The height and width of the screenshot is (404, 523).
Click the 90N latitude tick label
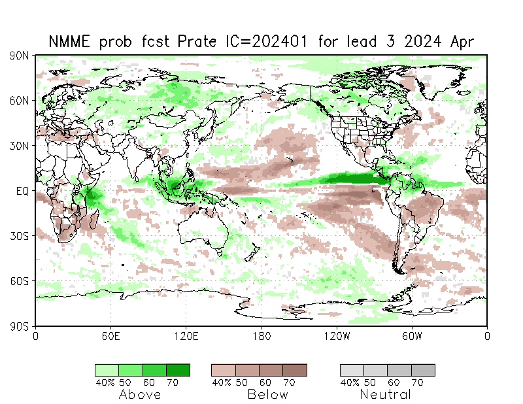pyautogui.click(x=18, y=56)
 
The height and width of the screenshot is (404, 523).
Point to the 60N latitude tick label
pyautogui.click(x=18, y=101)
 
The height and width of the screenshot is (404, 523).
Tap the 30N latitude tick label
pyautogui.click(x=18, y=146)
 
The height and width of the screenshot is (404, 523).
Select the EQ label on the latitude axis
pyautogui.click(x=21, y=191)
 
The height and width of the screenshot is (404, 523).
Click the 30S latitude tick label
pyautogui.click(x=18, y=235)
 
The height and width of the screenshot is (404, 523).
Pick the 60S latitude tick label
pyautogui.click(x=18, y=280)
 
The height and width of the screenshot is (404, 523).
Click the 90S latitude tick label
pyautogui.click(x=18, y=326)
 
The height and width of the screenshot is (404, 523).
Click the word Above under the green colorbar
pyautogui.click(x=140, y=394)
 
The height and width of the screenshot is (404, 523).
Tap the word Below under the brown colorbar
pyautogui.click(x=267, y=394)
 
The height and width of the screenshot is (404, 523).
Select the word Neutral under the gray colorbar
pyautogui.click(x=386, y=394)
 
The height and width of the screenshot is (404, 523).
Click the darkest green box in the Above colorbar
pyautogui.click(x=178, y=370)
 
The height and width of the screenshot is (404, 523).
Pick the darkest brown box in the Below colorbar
pyautogui.click(x=294, y=370)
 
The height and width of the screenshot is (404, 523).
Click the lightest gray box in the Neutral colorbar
pyautogui.click(x=352, y=370)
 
